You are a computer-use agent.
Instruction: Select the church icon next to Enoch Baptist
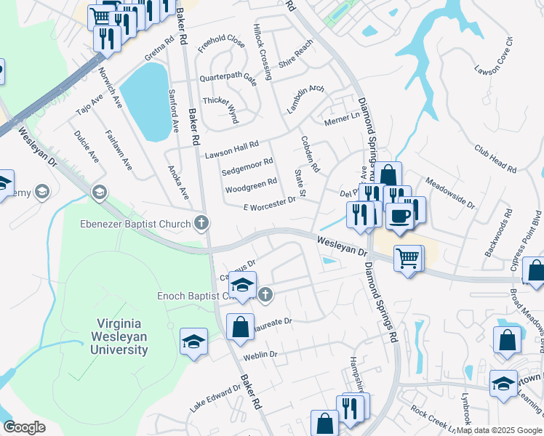click(265, 294)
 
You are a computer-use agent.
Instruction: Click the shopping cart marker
click(408, 257)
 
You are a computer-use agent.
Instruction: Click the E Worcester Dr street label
click(269, 203)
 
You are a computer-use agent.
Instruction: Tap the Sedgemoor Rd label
click(247, 167)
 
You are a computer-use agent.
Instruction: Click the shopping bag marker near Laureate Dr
click(240, 326)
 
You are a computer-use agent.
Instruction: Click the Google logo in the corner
click(24, 427)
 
